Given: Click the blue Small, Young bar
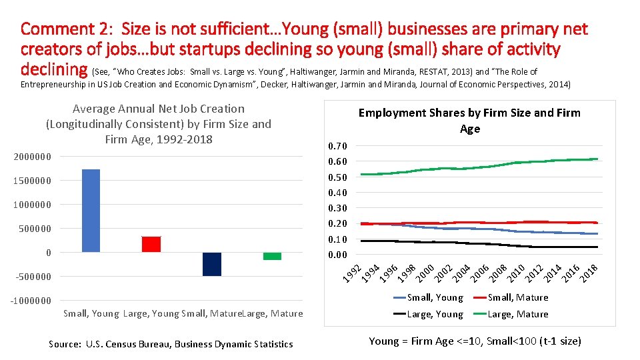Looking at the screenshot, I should click(x=91, y=211).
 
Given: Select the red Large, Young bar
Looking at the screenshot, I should click(x=151, y=244).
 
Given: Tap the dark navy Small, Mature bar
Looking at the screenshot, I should click(x=211, y=264).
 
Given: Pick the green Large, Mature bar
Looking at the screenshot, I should click(x=272, y=256).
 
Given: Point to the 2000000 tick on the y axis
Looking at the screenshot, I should click(x=32, y=157).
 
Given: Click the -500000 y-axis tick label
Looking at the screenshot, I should click(x=31, y=277).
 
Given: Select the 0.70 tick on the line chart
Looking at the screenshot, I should click(x=337, y=146).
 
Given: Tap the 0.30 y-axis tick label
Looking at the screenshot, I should click(x=337, y=208).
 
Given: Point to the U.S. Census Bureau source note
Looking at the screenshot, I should click(x=171, y=344).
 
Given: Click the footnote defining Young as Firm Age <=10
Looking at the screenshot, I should click(x=475, y=341).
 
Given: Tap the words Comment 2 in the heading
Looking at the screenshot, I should click(x=59, y=29).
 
